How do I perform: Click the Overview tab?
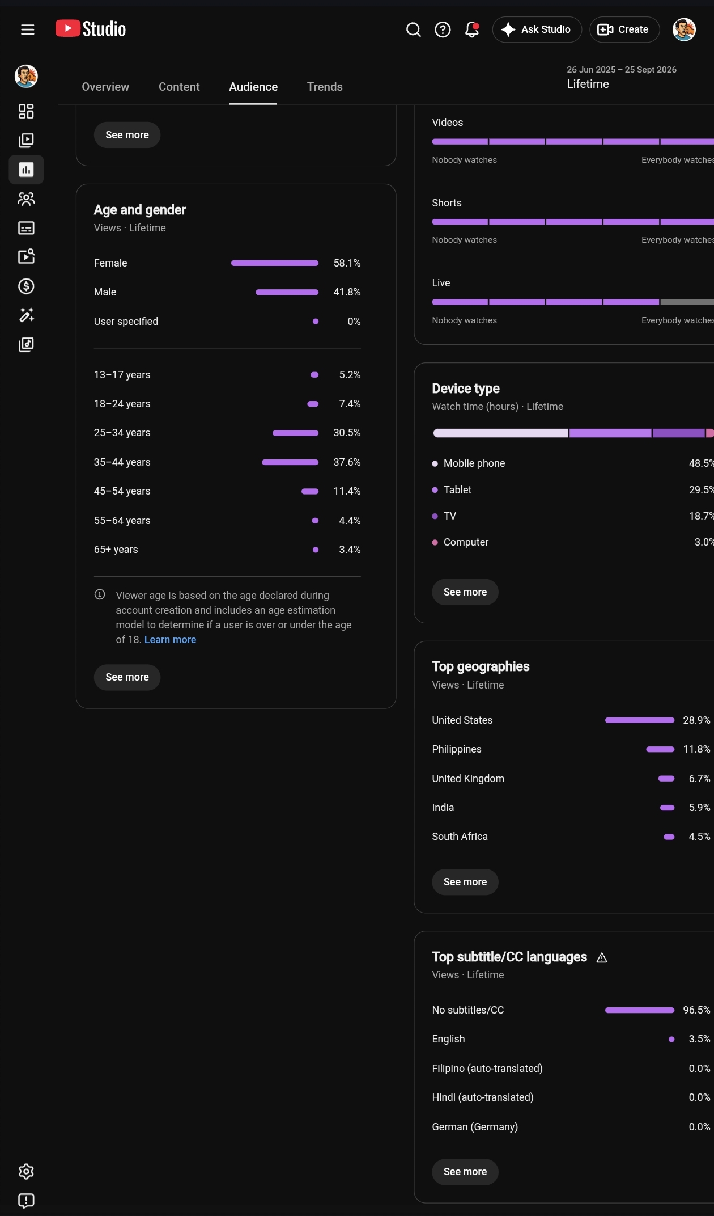pyautogui.click(x=105, y=87)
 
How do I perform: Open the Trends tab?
pyautogui.click(x=325, y=87)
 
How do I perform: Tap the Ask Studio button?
pyautogui.click(x=537, y=29)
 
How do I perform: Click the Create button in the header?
pyautogui.click(x=624, y=29)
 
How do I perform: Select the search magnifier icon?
pyautogui.click(x=414, y=29)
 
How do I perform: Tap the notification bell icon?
pyautogui.click(x=471, y=29)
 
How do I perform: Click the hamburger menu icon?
pyautogui.click(x=28, y=29)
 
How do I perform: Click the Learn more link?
pyautogui.click(x=170, y=640)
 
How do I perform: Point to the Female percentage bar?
pyautogui.click(x=275, y=263)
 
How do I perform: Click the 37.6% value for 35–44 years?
pyautogui.click(x=347, y=462)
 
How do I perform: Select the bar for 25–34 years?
pyautogui.click(x=295, y=433)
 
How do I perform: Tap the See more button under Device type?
pyautogui.click(x=465, y=592)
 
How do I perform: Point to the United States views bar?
pyautogui.click(x=640, y=720)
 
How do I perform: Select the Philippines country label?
pyautogui.click(x=457, y=749)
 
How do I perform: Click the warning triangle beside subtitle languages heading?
pyautogui.click(x=602, y=958)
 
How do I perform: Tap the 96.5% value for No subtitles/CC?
pyautogui.click(x=696, y=1010)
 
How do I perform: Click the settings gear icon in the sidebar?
pyautogui.click(x=27, y=1172)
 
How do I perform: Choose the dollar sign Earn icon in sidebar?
pyautogui.click(x=27, y=286)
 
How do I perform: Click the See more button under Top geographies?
pyautogui.click(x=465, y=882)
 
